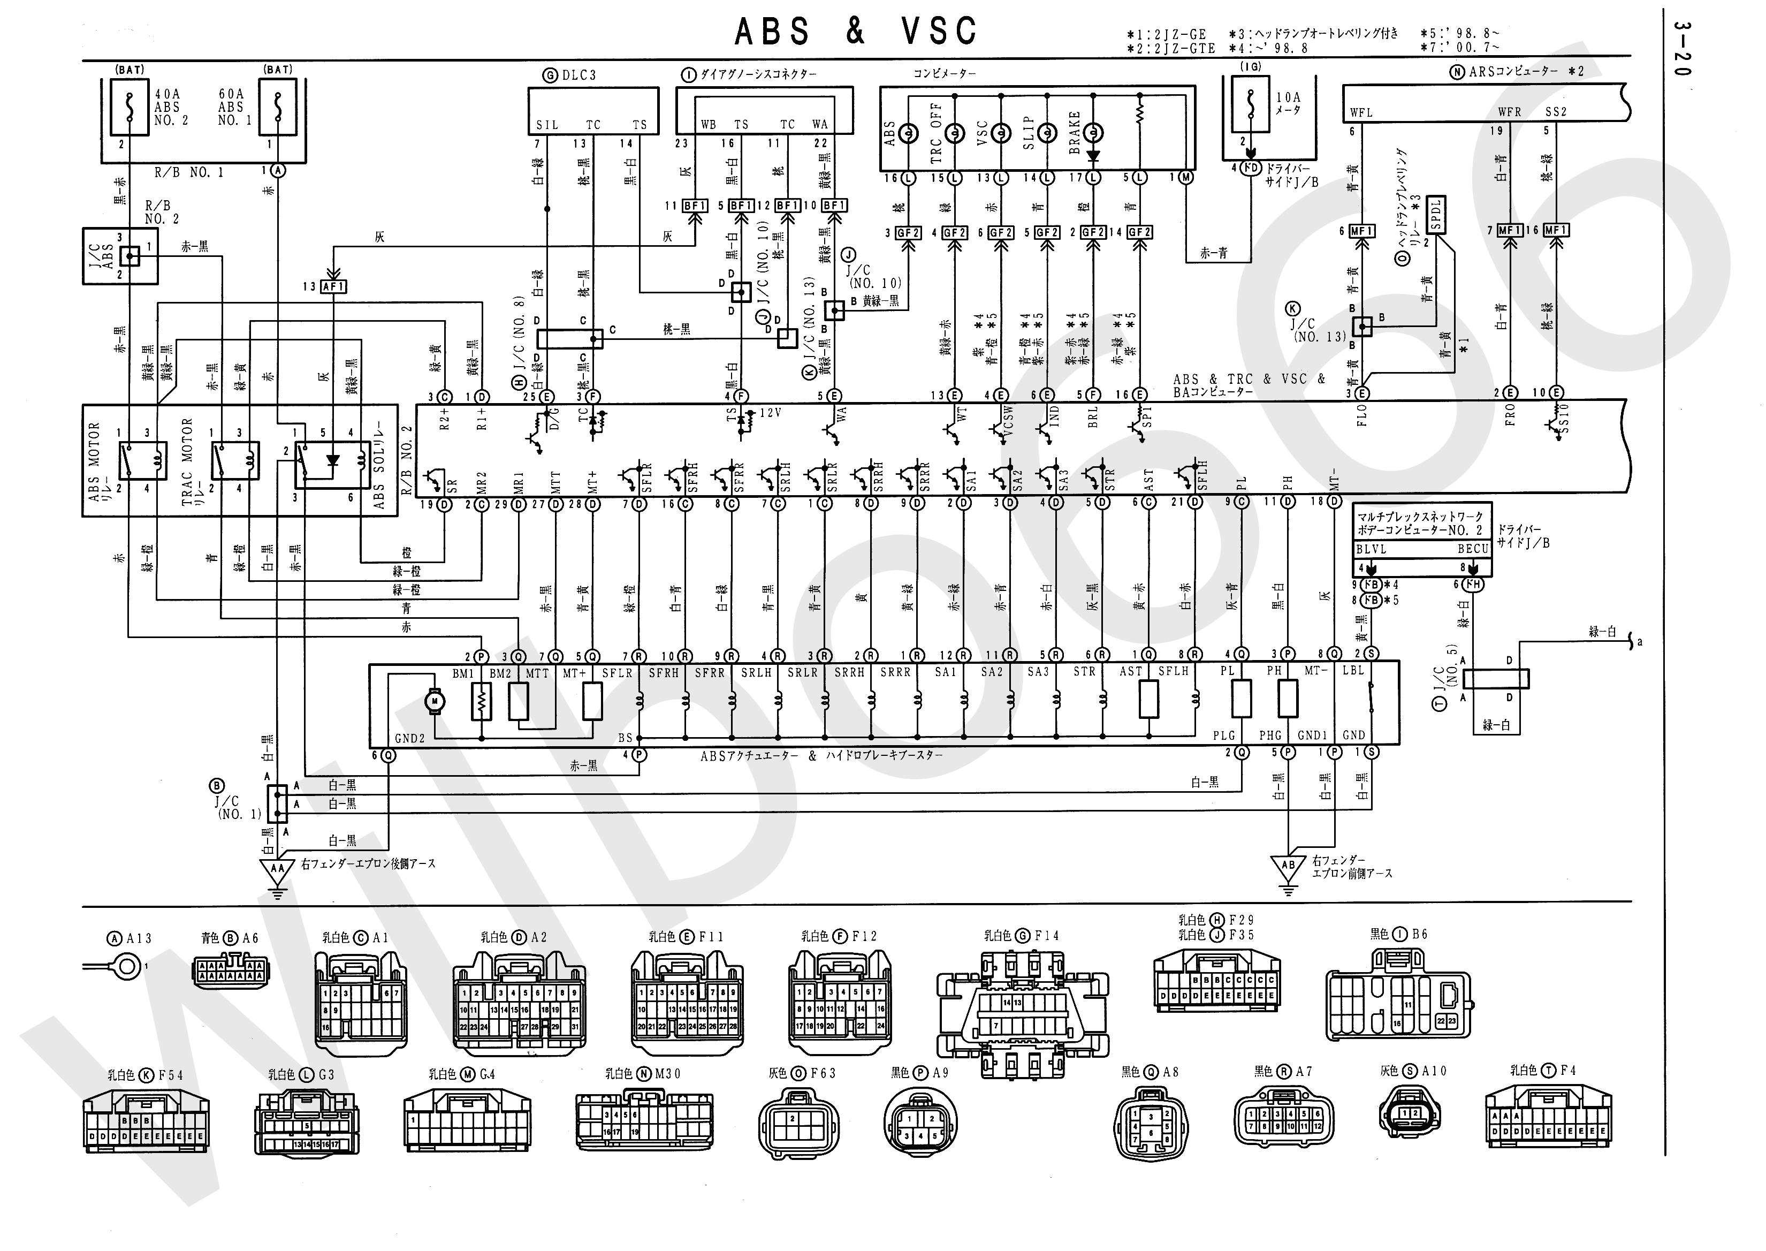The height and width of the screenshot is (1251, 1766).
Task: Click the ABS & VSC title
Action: [855, 32]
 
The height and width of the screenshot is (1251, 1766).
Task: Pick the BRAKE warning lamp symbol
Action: [1093, 133]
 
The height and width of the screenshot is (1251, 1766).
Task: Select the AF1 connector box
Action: [333, 286]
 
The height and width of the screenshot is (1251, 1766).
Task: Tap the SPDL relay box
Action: [1436, 214]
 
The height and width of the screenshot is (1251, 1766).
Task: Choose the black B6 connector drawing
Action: [1398, 994]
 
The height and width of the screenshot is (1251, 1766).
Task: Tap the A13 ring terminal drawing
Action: [127, 966]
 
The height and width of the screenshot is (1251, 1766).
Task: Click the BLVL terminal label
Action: [1371, 549]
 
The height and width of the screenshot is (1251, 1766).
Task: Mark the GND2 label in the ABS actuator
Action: [410, 738]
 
